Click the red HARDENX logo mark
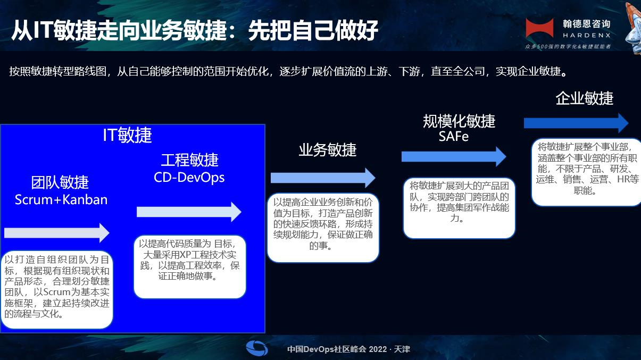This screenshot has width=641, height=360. [539, 28]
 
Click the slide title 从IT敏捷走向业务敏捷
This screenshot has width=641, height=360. [119, 30]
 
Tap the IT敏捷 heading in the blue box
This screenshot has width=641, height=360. [127, 135]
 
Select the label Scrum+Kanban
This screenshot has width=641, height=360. [61, 199]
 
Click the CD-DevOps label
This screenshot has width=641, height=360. [189, 178]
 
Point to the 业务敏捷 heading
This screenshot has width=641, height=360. [327, 150]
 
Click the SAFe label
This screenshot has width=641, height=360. [454, 136]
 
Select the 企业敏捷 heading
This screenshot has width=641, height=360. [584, 98]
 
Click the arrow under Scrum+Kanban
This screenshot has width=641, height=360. [57, 233]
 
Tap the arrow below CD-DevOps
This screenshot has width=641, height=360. [189, 212]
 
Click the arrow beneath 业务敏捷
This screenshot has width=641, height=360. [323, 178]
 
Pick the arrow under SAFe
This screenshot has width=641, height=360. [454, 156]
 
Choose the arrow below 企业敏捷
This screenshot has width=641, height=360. [576, 123]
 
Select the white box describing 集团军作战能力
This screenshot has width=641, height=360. [459, 208]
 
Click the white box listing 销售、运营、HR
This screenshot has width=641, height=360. [587, 172]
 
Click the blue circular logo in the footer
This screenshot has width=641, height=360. [257, 348]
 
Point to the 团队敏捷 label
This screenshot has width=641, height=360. [60, 182]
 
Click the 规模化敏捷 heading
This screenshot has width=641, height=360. [459, 121]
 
